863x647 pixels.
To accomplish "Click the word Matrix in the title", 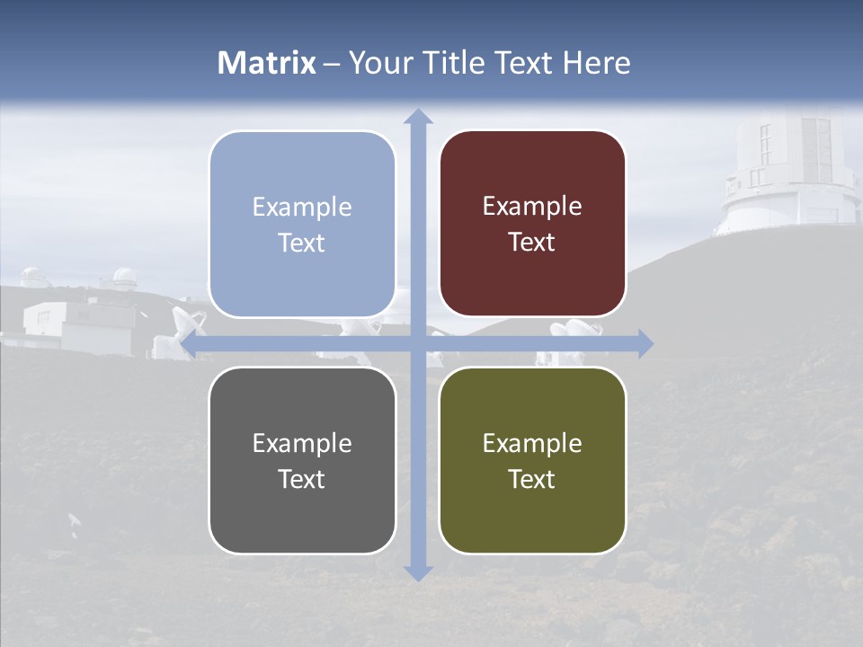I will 267,63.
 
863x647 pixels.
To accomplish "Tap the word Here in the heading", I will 596,63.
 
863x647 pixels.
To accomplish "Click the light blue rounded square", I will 302,224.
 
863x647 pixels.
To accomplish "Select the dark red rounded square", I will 532,224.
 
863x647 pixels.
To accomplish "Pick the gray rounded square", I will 302,460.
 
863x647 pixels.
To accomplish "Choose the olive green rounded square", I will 532,460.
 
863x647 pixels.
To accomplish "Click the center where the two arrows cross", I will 417,343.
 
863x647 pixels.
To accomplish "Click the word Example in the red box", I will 532,207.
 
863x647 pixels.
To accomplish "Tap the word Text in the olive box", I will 532,479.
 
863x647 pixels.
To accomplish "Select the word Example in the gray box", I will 302,443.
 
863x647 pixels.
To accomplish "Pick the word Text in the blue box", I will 302,243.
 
